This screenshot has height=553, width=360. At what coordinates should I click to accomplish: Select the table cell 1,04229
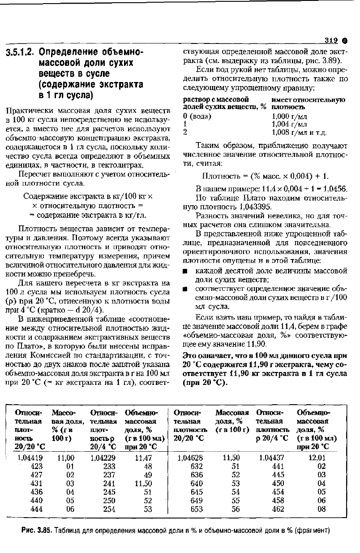tap(103, 458)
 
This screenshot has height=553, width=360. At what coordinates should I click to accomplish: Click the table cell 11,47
tap(144, 458)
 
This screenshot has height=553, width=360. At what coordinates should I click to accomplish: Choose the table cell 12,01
tap(318, 458)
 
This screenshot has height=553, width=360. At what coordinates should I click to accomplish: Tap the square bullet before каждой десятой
tap(184, 271)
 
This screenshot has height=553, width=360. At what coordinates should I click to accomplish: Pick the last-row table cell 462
tap(278, 509)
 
